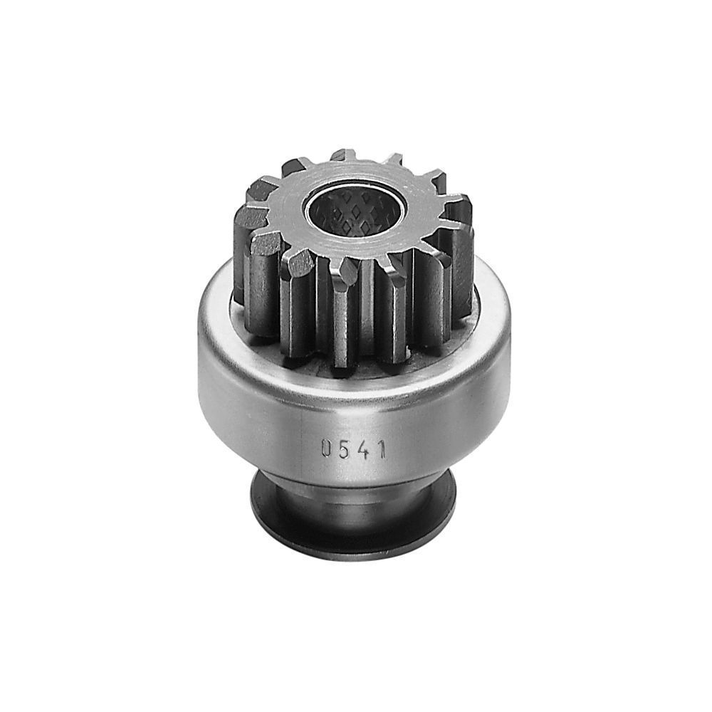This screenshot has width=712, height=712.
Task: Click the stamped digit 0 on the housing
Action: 326,448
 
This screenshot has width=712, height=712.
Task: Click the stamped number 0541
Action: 354,449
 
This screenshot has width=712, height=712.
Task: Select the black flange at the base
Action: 354,513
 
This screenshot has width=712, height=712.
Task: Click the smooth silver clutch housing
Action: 354,399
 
